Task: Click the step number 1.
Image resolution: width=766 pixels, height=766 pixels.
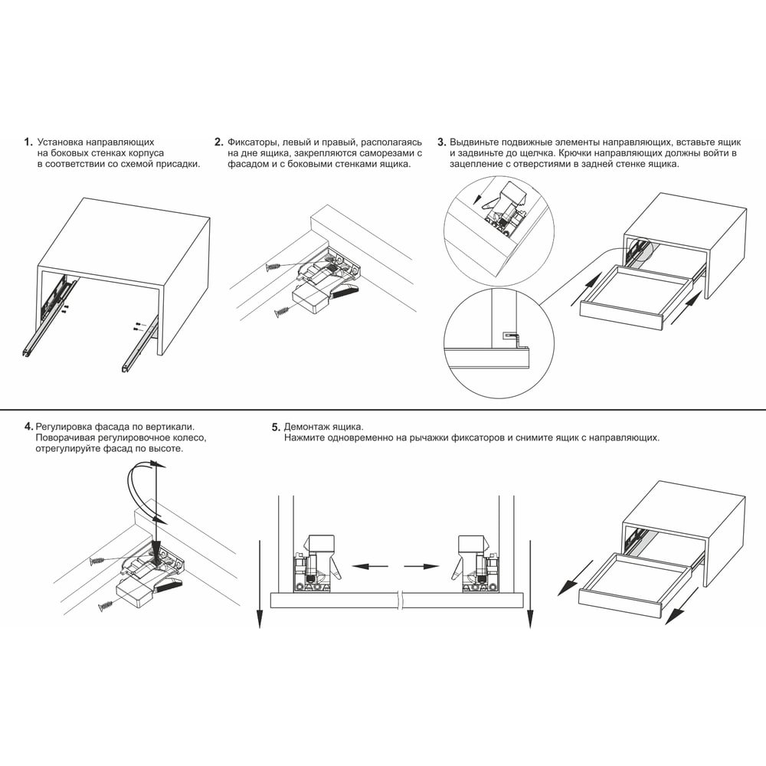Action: coord(28,142)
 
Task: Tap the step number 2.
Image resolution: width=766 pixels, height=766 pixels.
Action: coord(218,142)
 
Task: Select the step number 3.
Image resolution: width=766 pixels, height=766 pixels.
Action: coord(442,142)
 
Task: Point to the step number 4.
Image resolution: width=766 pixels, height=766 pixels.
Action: coord(29,427)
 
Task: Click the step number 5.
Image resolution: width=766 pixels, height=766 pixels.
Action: coord(276,427)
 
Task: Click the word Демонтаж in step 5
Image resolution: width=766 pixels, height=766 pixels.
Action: coord(304,427)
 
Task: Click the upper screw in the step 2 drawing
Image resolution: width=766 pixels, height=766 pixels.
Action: coord(274,267)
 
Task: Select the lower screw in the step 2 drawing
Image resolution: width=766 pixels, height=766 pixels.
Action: coord(283,311)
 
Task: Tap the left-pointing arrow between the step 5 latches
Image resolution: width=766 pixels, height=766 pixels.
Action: coord(370,567)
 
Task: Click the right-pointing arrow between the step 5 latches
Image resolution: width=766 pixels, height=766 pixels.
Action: coord(421,567)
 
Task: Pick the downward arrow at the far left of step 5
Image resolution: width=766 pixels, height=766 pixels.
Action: coord(260,584)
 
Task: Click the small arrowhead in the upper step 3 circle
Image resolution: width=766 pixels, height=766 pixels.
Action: coord(479,199)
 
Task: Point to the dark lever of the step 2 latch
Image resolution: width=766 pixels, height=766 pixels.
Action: coord(345,292)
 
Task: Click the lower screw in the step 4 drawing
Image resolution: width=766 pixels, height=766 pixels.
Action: coord(106,606)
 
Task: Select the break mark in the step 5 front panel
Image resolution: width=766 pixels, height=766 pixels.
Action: coord(401,601)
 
